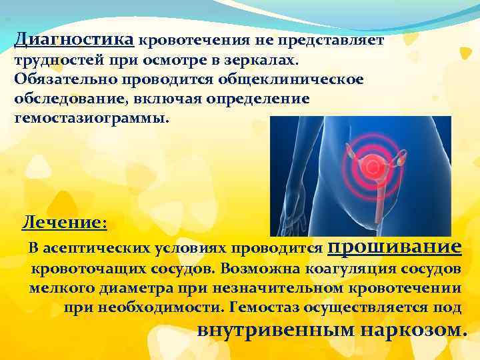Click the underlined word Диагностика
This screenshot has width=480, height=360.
pos(75,39)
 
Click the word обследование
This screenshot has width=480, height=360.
pos(59,99)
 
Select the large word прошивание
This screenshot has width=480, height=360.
pos(394,246)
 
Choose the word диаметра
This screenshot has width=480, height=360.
pos(132,289)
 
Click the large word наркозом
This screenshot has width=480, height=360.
pos(415,330)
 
